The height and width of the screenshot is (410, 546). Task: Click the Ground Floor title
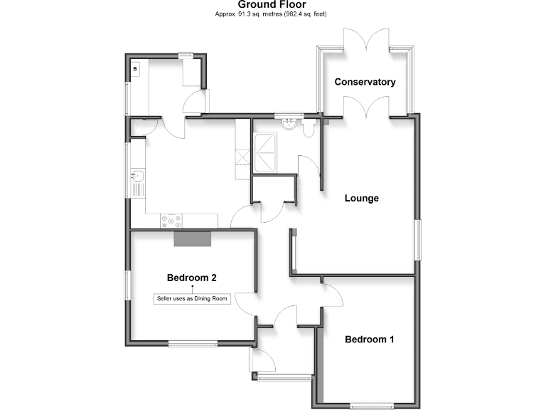point(272,5)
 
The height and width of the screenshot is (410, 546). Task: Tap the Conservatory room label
point(365,82)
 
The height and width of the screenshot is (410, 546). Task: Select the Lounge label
point(361,198)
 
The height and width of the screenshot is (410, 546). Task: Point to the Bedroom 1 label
point(369,340)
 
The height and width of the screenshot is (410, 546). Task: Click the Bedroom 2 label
point(191,278)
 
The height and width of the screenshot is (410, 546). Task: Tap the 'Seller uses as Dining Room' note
point(192,298)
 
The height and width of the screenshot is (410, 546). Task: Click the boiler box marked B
point(136,70)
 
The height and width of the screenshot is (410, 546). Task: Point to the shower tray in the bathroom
point(267,150)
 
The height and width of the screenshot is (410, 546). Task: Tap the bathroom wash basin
point(289,123)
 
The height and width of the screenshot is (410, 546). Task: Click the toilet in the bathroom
point(308,127)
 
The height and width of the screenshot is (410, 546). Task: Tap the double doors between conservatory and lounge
point(366,107)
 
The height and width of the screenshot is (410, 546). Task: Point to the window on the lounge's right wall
point(418,239)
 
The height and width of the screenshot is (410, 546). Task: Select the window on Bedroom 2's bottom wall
point(193,344)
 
